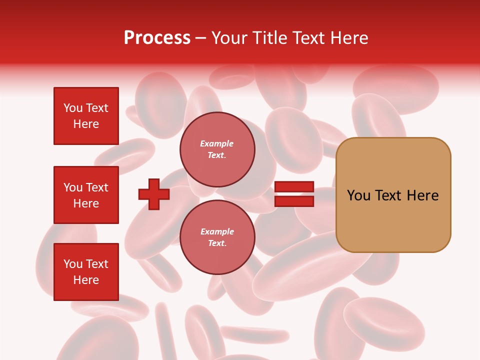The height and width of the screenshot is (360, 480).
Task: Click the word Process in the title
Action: [x=157, y=38]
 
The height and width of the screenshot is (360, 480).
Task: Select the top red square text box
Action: [x=86, y=116]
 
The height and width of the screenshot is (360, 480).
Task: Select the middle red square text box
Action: [x=86, y=195]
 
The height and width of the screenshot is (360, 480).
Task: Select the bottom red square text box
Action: [x=86, y=272]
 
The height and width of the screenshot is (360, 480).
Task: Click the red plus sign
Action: [x=154, y=194]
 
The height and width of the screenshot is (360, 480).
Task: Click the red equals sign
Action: [x=294, y=194]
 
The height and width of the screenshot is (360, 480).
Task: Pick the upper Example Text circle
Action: [x=217, y=149]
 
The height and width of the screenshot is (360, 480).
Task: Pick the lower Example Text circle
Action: [x=217, y=237]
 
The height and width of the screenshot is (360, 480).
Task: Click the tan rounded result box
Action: [x=393, y=195]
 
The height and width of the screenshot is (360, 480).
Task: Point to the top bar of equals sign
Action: [x=294, y=187]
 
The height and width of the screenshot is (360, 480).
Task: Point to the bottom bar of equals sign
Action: [x=294, y=201]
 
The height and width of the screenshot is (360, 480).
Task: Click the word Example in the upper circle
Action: [x=217, y=143]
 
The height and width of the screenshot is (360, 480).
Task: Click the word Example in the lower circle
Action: [x=217, y=231]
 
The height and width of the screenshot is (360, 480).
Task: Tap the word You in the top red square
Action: [x=73, y=108]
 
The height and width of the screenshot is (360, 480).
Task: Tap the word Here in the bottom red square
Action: [x=86, y=280]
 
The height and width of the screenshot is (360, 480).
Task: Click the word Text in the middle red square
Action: [x=97, y=187]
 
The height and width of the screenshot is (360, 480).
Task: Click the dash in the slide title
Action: [x=201, y=38]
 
